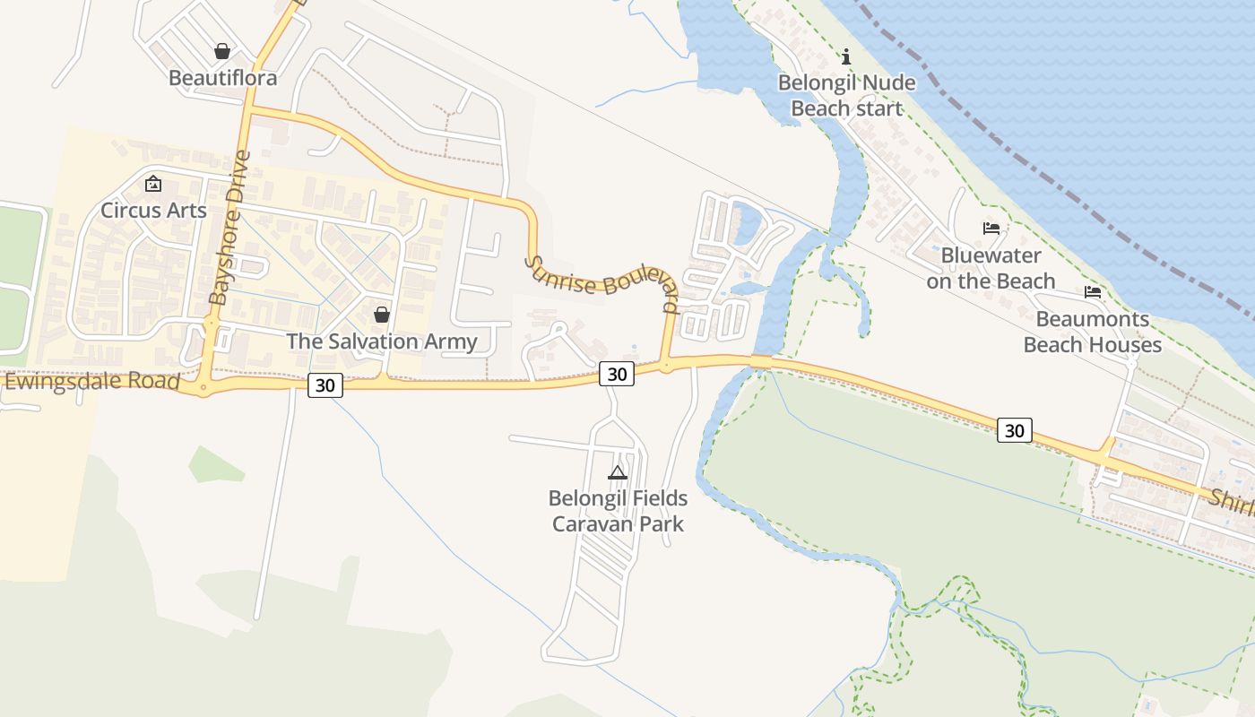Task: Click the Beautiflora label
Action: [222, 78]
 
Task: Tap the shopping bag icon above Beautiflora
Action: [222, 52]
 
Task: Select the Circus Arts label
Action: [153, 211]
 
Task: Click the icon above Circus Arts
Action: [153, 185]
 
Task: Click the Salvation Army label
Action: [381, 341]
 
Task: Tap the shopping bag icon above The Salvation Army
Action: [381, 315]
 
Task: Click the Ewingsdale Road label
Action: [92, 383]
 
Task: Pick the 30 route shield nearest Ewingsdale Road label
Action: [325, 385]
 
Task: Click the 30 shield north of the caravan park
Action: [617, 374]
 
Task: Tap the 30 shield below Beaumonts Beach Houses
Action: [1014, 430]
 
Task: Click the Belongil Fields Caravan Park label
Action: [618, 511]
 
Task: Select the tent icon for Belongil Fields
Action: [618, 472]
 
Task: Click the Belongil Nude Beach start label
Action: [846, 96]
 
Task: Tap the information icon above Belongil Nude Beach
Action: [846, 57]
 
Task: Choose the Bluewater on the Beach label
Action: [991, 268]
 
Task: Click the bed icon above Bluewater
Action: [991, 229]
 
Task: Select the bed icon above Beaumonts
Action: [1092, 292]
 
